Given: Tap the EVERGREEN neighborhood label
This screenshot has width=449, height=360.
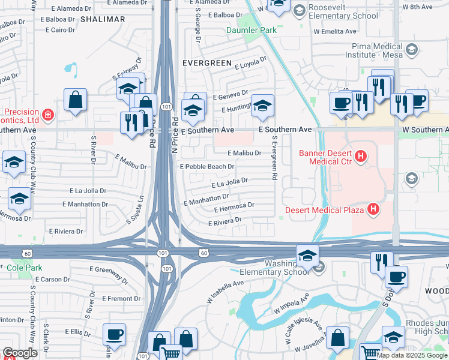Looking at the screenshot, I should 207,62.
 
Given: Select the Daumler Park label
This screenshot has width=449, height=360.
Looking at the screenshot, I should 248,30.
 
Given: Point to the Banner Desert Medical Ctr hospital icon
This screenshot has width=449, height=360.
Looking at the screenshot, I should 360,157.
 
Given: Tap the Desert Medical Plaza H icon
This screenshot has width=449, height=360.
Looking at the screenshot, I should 373,209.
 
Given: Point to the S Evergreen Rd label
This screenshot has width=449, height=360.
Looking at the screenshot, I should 274,158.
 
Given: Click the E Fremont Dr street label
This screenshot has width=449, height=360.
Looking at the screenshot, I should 121,298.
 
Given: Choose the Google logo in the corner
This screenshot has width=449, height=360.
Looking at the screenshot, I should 20,353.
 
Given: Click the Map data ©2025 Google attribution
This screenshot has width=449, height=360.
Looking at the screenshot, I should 412,355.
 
